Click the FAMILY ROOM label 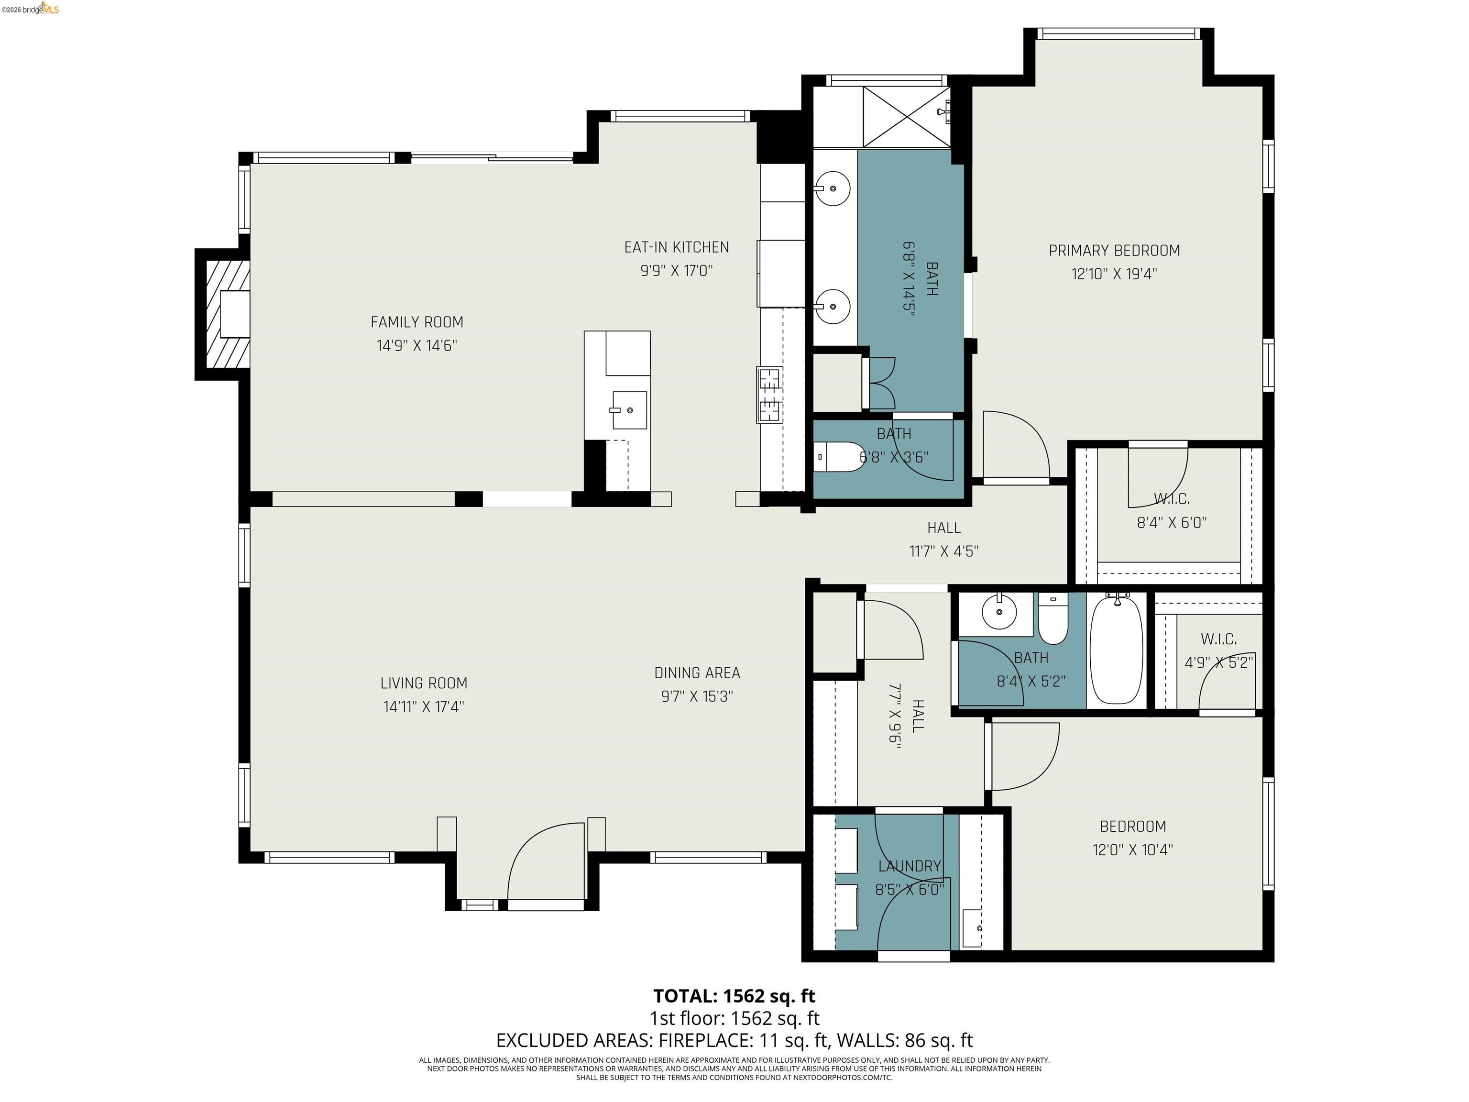click(x=417, y=322)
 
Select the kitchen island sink click(x=628, y=410)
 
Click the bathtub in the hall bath click(x=1117, y=649)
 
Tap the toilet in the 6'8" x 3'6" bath click(x=838, y=457)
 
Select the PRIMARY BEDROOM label click(x=1114, y=251)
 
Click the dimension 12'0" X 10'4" click(x=1132, y=849)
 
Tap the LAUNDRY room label click(x=909, y=866)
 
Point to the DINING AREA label click(x=697, y=673)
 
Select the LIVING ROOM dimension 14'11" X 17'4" click(x=423, y=706)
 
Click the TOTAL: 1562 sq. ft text click(x=734, y=996)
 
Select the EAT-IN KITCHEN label click(x=676, y=247)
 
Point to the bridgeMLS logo click(x=33, y=9)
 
